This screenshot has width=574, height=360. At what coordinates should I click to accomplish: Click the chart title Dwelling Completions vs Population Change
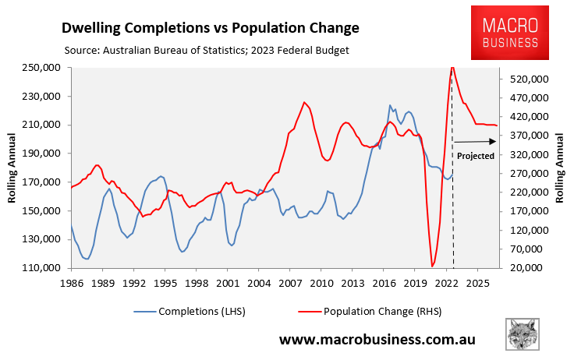[211, 28]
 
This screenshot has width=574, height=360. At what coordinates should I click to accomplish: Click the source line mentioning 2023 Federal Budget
[206, 51]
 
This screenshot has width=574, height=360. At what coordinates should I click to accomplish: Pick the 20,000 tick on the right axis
[528, 268]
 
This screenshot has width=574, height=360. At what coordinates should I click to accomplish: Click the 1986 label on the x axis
[71, 282]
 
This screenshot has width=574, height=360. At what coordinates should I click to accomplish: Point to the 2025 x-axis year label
[477, 282]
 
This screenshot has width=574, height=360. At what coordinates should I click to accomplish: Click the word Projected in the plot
[476, 156]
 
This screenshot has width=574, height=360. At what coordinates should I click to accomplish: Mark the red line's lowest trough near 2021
[433, 266]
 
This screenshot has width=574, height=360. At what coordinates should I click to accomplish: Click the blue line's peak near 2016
[390, 105]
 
